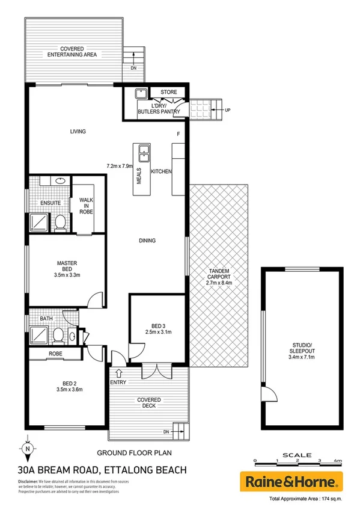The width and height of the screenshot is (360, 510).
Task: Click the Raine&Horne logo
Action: [291, 481]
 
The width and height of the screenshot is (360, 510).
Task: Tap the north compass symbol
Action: [27, 447]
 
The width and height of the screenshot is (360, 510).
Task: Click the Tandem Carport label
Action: [219, 276]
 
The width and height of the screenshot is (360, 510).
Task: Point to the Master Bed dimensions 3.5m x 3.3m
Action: [66, 275]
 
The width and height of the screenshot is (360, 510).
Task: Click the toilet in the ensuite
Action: [59, 224]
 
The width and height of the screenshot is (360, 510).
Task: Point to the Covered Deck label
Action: [147, 402]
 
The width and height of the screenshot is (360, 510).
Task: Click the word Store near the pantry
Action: [168, 92]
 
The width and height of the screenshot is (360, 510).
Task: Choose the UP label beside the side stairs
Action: [227, 111]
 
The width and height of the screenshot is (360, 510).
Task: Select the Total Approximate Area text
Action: [305, 500]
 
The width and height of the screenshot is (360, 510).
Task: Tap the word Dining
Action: [147, 241]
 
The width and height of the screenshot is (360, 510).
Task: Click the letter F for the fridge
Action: [178, 134]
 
